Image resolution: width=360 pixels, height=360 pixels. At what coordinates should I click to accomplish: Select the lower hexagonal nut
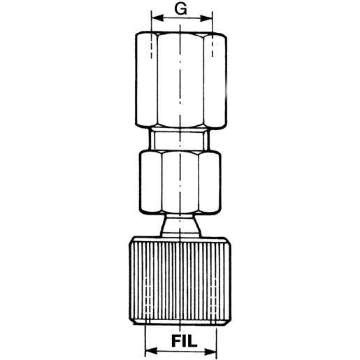click(181, 181)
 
